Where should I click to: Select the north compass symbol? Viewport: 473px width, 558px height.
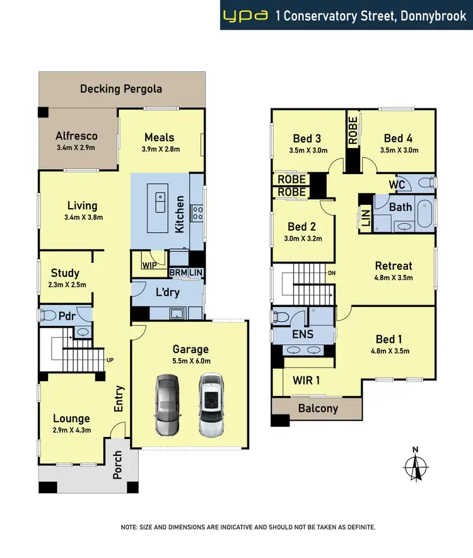tap(414, 467)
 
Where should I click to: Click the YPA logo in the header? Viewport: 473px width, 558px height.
tap(246, 15)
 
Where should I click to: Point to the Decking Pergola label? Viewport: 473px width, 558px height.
tap(120, 88)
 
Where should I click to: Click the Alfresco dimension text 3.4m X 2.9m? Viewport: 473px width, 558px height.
tap(75, 148)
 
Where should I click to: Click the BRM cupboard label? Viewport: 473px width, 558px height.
tap(178, 272)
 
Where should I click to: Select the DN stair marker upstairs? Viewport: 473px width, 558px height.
tap(331, 273)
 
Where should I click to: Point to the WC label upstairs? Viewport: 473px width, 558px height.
tap(397, 185)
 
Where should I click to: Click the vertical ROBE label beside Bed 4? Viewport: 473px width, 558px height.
tap(353, 131)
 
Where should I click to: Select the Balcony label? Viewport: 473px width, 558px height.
tap(317, 408)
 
